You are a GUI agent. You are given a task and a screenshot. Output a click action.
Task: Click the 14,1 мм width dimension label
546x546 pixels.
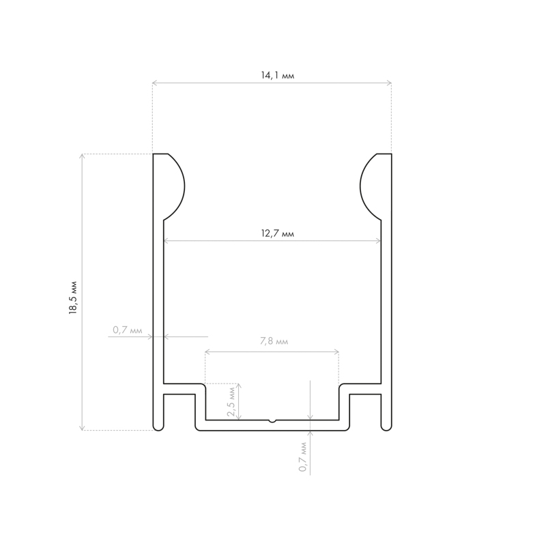tap(278, 75)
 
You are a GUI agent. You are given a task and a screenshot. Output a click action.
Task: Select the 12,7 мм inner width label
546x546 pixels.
tap(278, 233)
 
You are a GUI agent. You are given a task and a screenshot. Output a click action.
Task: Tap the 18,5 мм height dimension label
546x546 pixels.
tap(73, 298)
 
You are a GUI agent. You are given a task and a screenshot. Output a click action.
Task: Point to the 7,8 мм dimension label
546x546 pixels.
tap(274, 341)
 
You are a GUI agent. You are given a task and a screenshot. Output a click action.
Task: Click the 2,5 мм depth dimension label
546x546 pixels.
tap(231, 401)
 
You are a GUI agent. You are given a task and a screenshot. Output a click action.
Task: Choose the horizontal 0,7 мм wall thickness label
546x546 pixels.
tap(128, 330)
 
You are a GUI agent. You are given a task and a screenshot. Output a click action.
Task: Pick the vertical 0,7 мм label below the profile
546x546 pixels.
tap(303, 457)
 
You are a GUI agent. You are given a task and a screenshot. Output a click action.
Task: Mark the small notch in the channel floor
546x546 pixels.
tap(272, 421)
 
